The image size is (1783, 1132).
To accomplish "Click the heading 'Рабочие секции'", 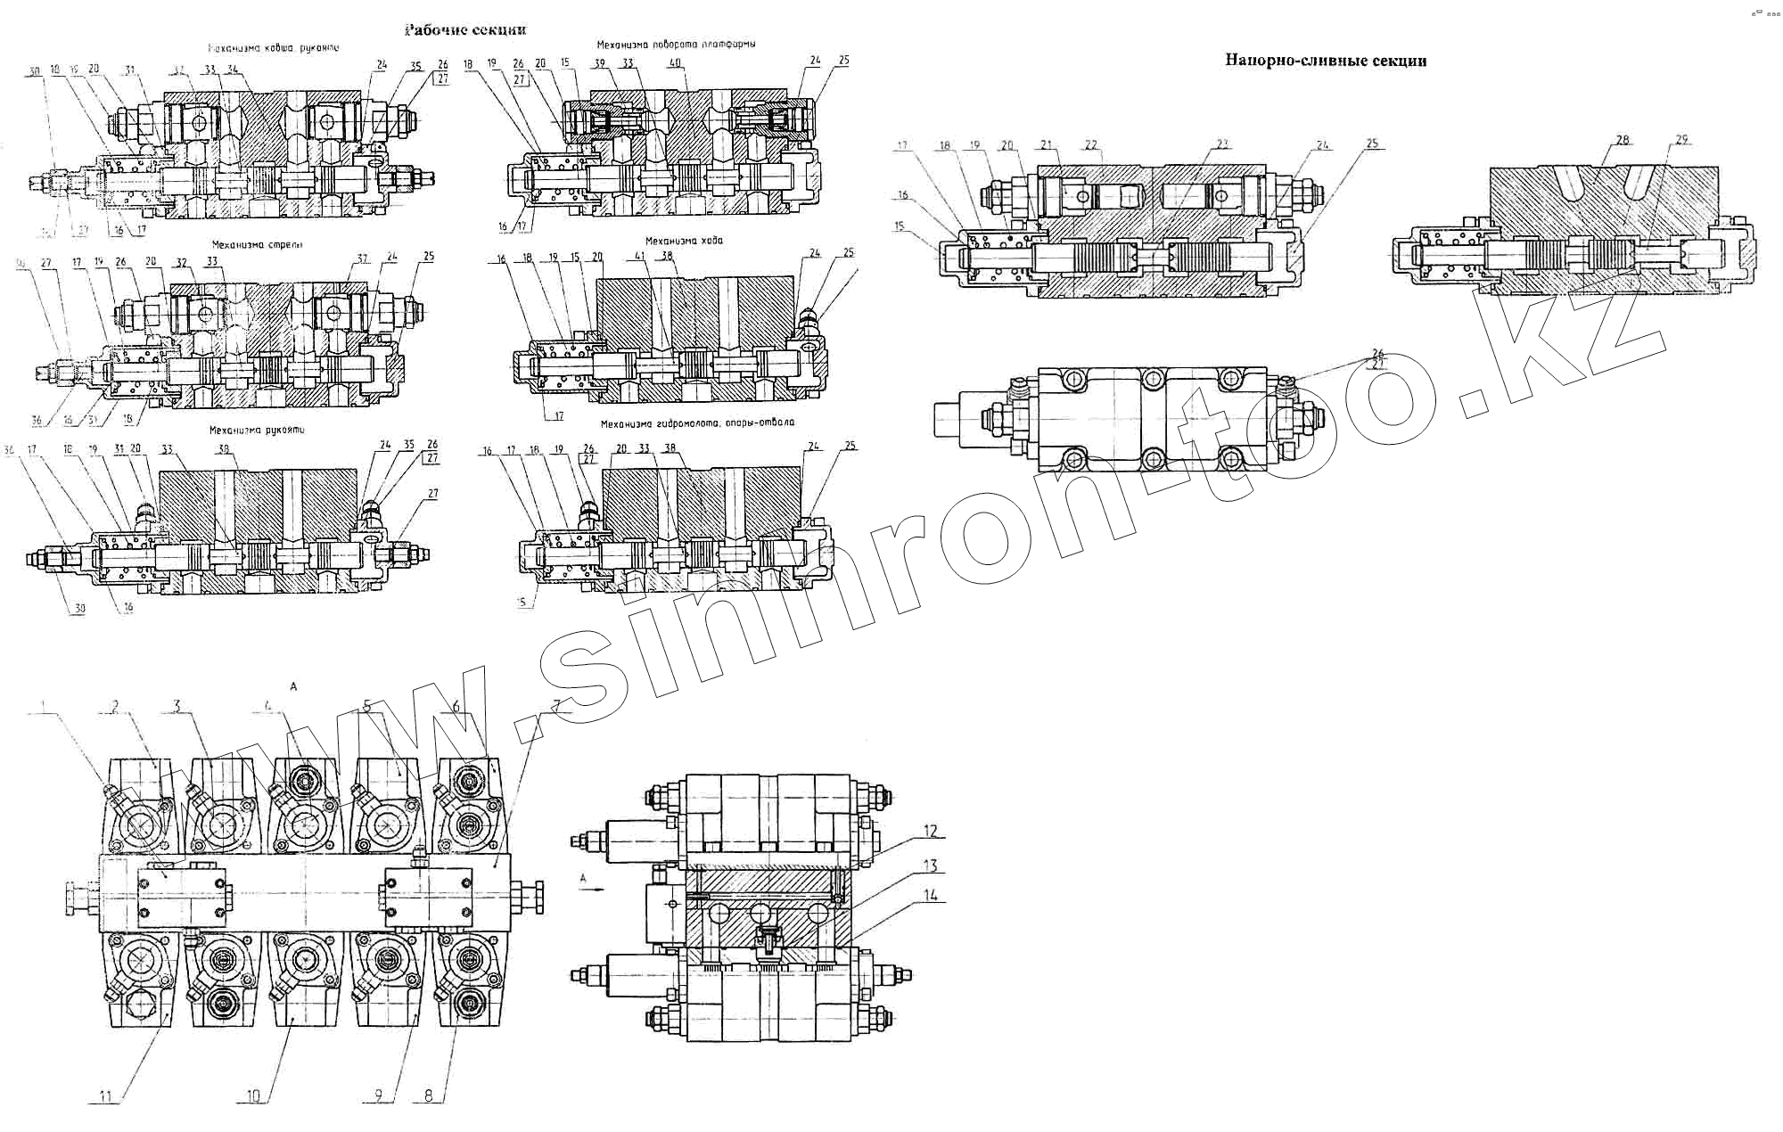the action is coord(465,29).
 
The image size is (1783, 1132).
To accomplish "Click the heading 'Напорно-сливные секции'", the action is coord(1326,61).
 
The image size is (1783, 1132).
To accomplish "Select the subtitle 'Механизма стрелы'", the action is coord(259,244).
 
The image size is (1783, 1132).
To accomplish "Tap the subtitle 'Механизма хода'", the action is coord(684,241).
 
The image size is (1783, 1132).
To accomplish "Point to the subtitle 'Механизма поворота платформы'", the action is coord(676,44).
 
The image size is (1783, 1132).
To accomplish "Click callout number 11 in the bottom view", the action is coord(105,1096).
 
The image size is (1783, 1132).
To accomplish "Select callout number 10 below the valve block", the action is coord(254,1096).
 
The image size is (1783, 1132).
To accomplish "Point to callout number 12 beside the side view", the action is coord(931,831).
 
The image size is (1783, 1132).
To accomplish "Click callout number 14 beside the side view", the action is coord(931,895).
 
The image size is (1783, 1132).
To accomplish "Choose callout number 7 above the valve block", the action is coord(556,706).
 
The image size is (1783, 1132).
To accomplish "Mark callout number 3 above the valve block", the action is coord(177,706).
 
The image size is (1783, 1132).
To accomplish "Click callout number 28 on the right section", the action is coord(1622,139).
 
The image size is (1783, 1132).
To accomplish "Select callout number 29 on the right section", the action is coord(1681,139).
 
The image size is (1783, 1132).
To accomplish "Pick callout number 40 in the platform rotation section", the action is coord(675,63).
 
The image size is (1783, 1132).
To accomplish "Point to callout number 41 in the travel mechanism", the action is coord(638,257).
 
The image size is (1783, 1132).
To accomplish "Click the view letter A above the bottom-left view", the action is coord(292,686).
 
